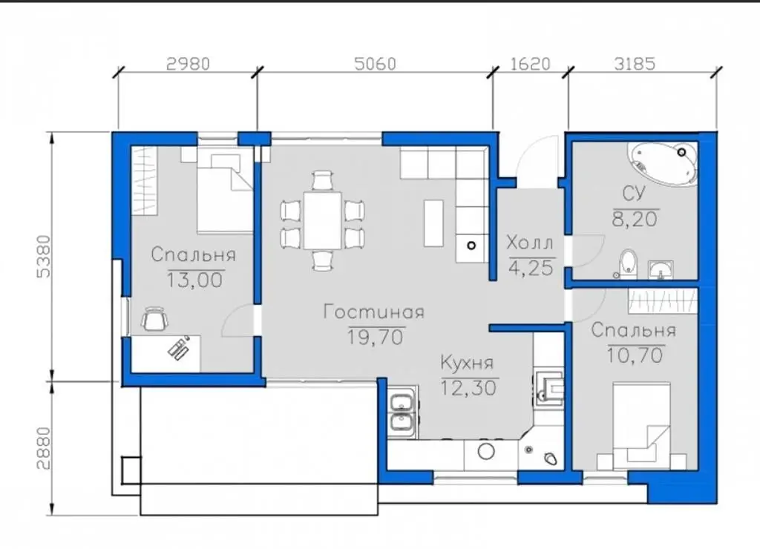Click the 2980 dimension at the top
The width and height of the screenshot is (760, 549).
[x=188, y=64]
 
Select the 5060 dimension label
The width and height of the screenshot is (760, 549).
[x=375, y=64]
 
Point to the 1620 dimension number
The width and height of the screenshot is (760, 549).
[x=531, y=64]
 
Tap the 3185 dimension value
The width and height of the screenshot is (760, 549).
[x=635, y=64]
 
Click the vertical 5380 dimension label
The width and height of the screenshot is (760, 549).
[x=44, y=257]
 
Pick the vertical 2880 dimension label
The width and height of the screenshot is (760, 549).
[x=44, y=448]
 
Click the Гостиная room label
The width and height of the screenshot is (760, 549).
[x=374, y=312]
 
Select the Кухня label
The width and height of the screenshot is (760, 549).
[x=468, y=363]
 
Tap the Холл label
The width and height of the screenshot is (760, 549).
[x=530, y=243]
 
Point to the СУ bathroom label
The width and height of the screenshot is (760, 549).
[x=634, y=194]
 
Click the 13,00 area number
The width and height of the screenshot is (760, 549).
[x=195, y=280]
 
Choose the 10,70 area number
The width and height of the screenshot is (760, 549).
[x=635, y=355]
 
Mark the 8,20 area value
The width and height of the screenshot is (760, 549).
[x=635, y=219]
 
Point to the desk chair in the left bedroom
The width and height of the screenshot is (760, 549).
[x=155, y=319]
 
